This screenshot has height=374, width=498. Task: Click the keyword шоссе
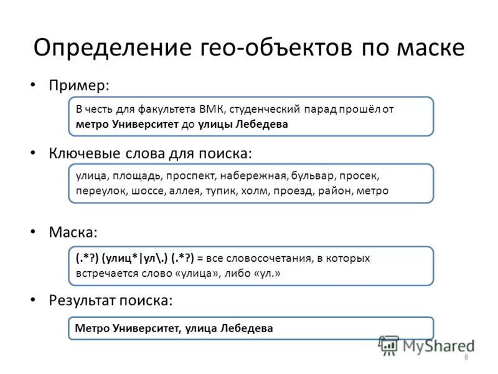[148, 191]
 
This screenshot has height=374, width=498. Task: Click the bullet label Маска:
[73, 232]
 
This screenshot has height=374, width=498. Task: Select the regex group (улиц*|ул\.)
[134, 257]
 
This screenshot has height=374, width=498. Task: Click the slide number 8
[466, 356]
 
